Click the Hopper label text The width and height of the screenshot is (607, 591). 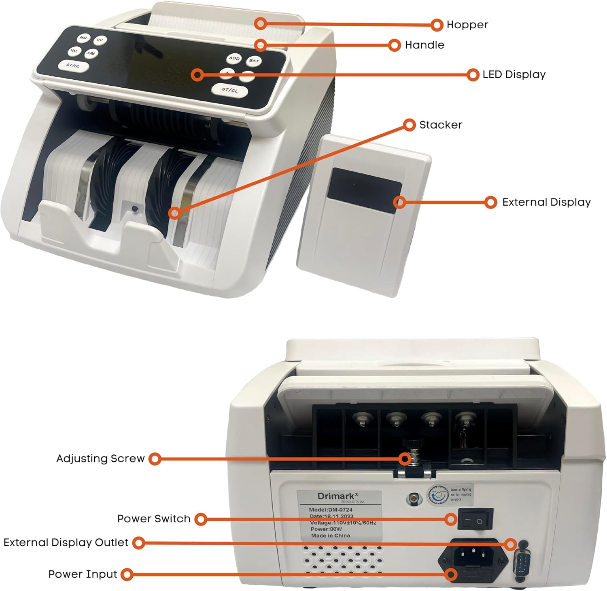coord(467,25)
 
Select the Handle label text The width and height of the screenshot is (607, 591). coord(424,45)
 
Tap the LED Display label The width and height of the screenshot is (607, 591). coord(514,74)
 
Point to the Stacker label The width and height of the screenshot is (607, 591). coord(440,125)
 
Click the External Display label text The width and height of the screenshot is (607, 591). coord(546,202)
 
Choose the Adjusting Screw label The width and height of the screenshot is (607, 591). coord(100,458)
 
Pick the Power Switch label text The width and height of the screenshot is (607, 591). coord(154,519)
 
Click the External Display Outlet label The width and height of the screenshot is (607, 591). coord(66,542)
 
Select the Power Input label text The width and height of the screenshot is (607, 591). coord(83,574)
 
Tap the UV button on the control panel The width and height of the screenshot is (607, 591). coord(100,40)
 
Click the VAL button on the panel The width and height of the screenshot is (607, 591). coord(74,51)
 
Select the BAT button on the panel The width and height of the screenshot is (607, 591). coord(254,61)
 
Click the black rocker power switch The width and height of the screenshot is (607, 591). coord(475,519)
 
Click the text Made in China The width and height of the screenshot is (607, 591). coord(330,536)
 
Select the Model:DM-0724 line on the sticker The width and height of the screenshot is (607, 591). coord(330,510)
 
